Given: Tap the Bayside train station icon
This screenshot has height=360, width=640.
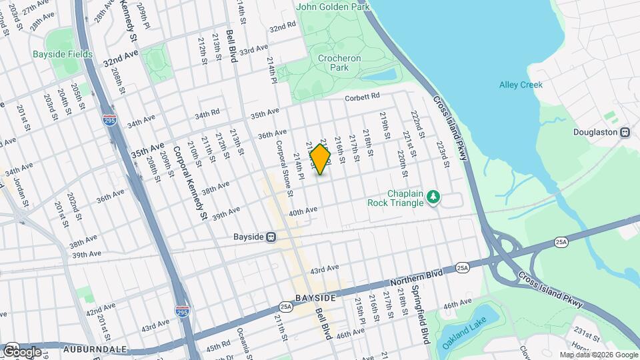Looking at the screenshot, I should tap(271, 237).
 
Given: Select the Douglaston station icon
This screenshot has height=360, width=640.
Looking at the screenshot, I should tap(625, 132).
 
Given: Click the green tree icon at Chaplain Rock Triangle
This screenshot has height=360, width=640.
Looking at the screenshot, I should tap(434, 196).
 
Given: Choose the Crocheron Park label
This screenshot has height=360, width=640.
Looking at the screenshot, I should tap(339, 63).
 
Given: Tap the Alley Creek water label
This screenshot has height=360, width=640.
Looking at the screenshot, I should tap(521, 85).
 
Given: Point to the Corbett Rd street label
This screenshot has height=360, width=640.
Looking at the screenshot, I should tap(362, 98).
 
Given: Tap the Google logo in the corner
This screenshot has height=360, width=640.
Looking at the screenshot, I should tap(22, 351).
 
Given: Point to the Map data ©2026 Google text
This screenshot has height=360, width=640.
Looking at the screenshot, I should tap(597, 355).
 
